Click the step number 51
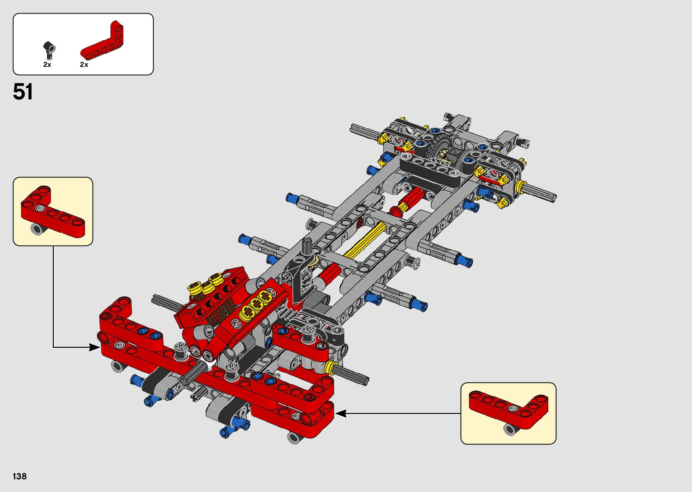tap(23, 92)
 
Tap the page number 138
tap(20, 476)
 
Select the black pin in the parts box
tap(49, 50)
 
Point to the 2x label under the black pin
tap(47, 65)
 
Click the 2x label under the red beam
tap(84, 65)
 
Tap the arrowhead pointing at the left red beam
tap(94, 347)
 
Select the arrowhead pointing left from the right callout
tap(341, 413)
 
